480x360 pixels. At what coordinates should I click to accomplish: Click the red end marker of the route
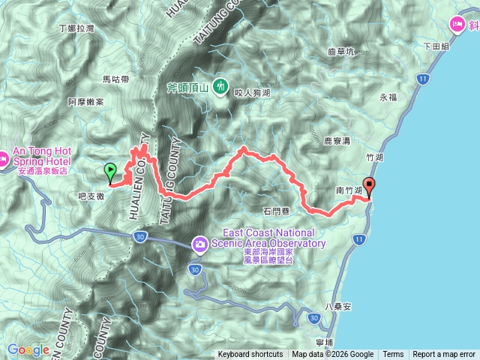click(x=368, y=187)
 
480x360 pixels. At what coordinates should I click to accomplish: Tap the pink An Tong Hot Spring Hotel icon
click(x=3, y=158)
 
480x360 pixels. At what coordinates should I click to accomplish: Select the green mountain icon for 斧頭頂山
click(x=220, y=86)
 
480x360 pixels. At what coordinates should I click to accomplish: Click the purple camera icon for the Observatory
click(x=200, y=244)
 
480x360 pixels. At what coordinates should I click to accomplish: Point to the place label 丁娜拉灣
click(x=76, y=28)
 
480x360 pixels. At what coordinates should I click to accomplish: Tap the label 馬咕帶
click(x=115, y=79)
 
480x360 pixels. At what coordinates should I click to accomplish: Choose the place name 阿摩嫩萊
click(x=85, y=101)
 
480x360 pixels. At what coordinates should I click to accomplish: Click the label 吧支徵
click(x=90, y=195)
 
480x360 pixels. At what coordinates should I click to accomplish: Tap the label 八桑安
click(x=337, y=307)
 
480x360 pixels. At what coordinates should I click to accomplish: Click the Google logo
click(x=28, y=349)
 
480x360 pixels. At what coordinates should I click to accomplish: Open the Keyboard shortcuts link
click(x=250, y=355)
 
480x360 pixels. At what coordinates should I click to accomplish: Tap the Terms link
click(x=393, y=355)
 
